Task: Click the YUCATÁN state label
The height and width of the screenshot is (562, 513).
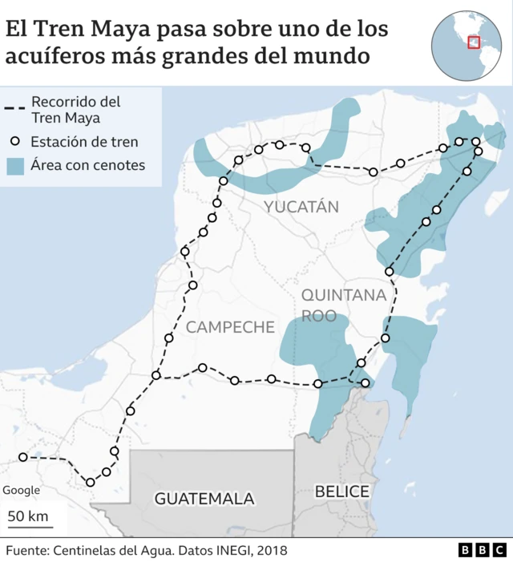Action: point(301,207)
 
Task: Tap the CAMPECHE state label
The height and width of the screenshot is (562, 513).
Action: point(230,327)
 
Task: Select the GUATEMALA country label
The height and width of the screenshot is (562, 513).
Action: point(204,499)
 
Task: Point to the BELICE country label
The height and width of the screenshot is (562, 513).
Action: point(342,491)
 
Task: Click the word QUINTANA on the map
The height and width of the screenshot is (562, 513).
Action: point(344,295)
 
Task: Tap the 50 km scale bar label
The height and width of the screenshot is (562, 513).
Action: point(27,516)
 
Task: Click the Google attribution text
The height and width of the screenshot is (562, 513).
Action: point(21,491)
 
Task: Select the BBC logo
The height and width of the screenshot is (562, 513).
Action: point(483,550)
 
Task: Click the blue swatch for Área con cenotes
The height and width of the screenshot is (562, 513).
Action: point(15,166)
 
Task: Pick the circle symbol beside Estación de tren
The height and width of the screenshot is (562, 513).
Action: point(15,142)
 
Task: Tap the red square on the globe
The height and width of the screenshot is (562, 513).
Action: point(474,42)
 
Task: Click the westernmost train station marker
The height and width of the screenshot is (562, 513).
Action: point(22,457)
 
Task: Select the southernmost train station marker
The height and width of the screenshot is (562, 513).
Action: point(91,483)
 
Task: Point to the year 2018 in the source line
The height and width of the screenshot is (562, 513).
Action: point(270,550)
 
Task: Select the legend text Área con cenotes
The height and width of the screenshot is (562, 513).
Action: point(87,166)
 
